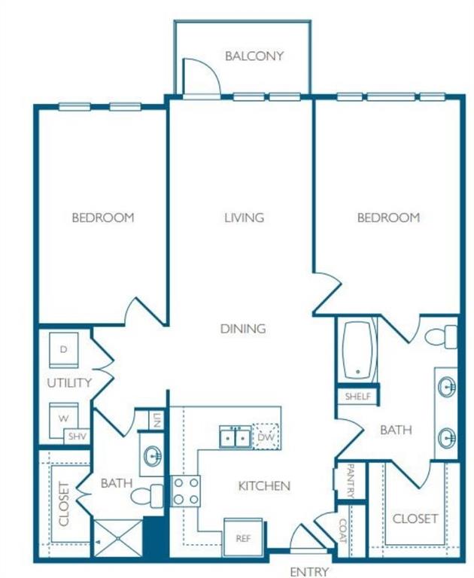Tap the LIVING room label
click(x=244, y=218)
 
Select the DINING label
click(x=243, y=328)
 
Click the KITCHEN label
click(x=264, y=485)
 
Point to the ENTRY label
click(x=308, y=571)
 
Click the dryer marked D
click(x=64, y=351)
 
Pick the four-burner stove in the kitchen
click(x=186, y=491)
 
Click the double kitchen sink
click(x=235, y=437)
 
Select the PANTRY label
click(x=350, y=480)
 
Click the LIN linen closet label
click(x=156, y=421)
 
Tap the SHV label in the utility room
click(x=77, y=436)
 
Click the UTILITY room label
click(x=69, y=382)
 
